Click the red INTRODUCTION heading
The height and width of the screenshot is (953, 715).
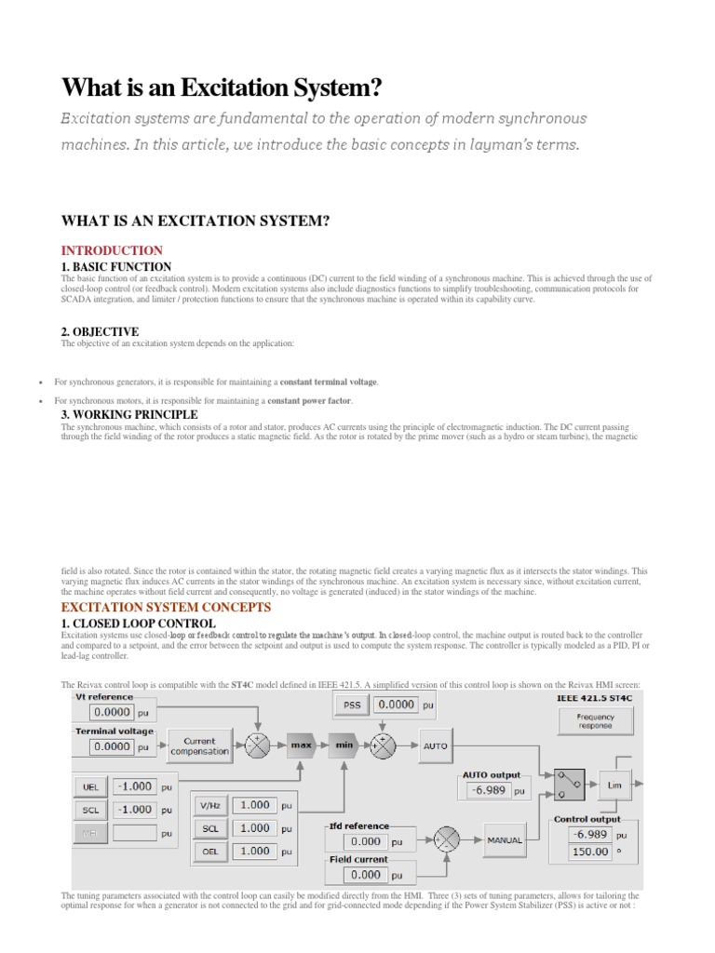click(x=112, y=250)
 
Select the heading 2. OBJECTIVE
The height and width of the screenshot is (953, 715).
click(x=100, y=331)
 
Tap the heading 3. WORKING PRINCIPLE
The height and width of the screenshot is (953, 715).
click(x=128, y=414)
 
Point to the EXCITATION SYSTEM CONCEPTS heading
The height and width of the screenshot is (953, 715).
click(x=166, y=607)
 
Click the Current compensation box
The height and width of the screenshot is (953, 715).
click(x=199, y=745)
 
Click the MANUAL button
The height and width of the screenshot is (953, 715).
click(x=504, y=839)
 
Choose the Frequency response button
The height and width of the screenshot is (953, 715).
click(x=595, y=721)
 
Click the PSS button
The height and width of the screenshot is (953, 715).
click(x=352, y=705)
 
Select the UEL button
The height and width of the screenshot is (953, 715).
click(x=89, y=786)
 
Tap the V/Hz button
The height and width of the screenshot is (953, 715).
click(x=209, y=805)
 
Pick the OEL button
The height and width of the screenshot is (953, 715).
click(x=209, y=851)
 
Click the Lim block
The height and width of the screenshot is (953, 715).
click(x=614, y=785)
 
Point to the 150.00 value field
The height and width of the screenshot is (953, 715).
click(x=589, y=852)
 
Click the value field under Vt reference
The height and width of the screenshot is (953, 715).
click(x=112, y=713)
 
